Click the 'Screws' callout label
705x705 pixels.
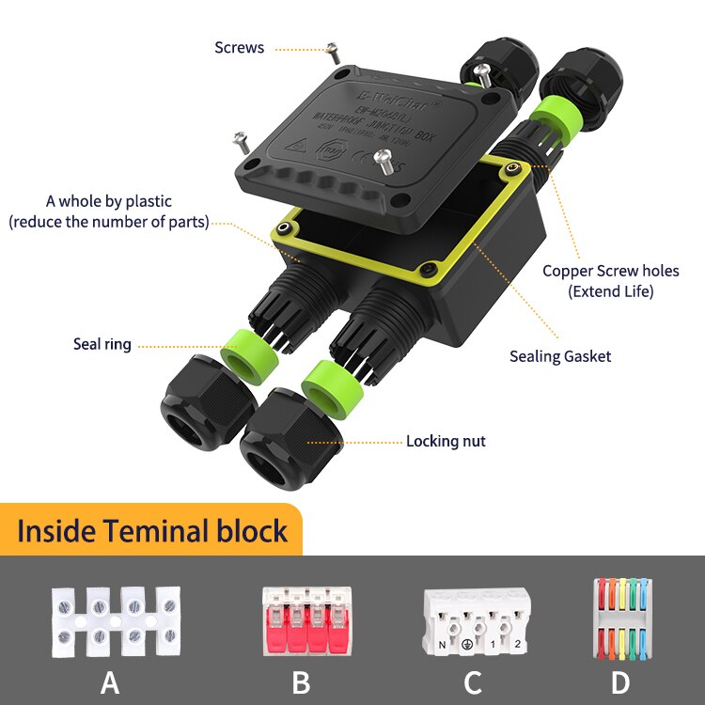[x=240, y=47]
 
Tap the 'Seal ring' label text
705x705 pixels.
[x=102, y=344]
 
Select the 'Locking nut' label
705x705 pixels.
[x=446, y=441]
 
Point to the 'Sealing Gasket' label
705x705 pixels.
[x=560, y=356]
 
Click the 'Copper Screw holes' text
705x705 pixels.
[x=610, y=271]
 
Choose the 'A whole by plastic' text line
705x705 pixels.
[x=109, y=201]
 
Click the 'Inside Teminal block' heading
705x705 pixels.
[x=152, y=530]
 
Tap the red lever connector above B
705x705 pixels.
[x=301, y=621]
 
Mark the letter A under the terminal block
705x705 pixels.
[x=110, y=682]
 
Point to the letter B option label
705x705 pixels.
[x=301, y=682]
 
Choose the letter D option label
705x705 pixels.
[x=620, y=682]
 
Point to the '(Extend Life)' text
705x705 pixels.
[x=610, y=291]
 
